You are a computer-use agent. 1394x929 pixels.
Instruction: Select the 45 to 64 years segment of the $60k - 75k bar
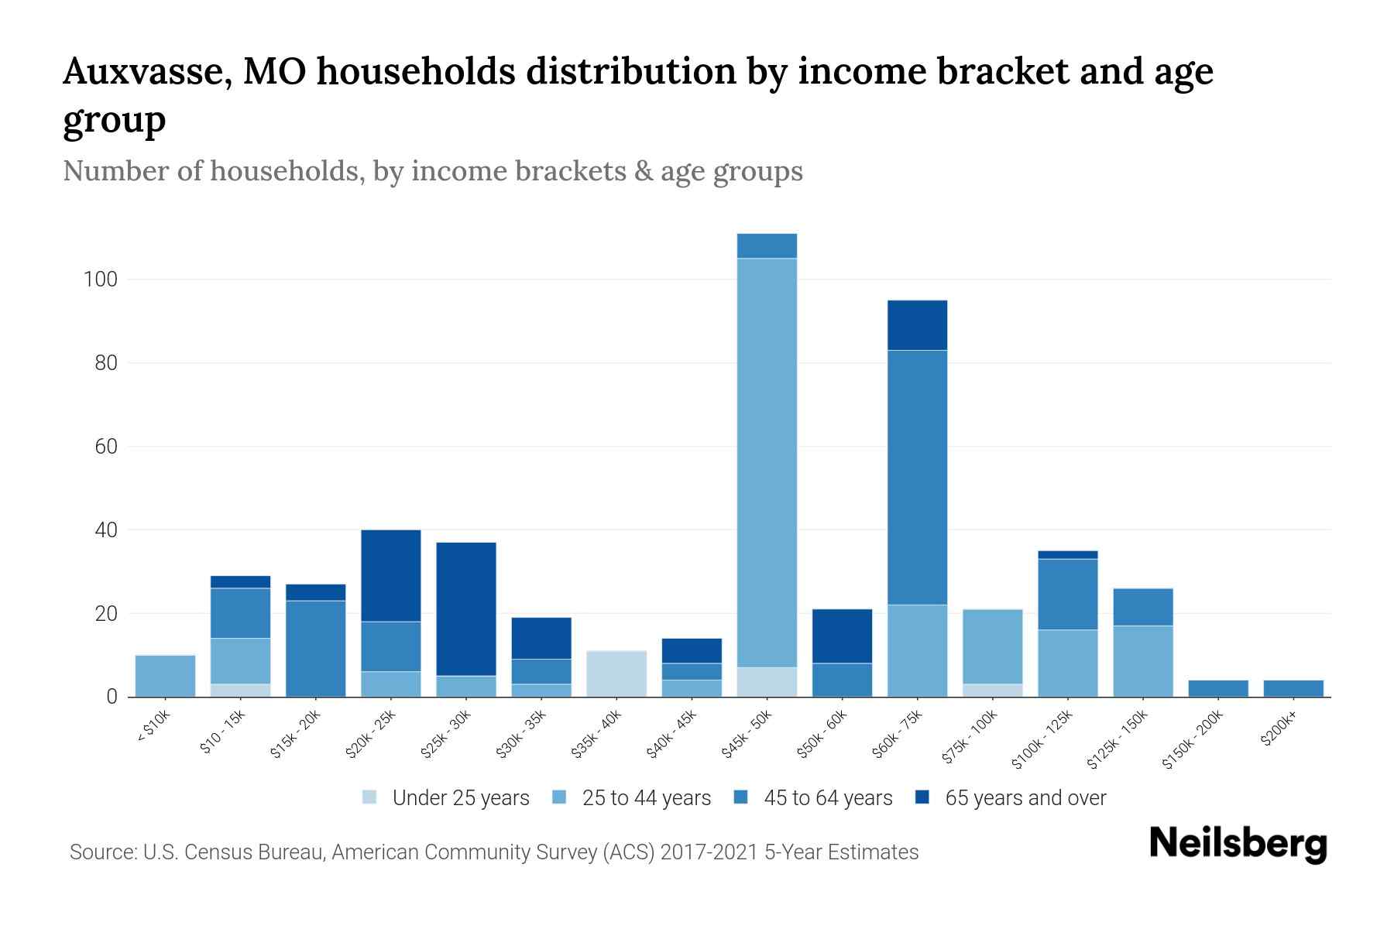pyautogui.click(x=917, y=477)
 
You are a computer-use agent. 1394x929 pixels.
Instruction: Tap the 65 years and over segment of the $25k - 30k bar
pyautogui.click(x=466, y=608)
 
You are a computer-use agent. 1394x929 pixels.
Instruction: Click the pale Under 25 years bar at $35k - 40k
pyautogui.click(x=616, y=674)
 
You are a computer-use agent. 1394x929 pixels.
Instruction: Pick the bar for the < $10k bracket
pyautogui.click(x=165, y=676)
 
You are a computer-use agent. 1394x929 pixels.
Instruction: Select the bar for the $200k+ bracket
pyautogui.click(x=1293, y=688)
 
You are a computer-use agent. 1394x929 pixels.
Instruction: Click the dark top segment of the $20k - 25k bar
pyautogui.click(x=391, y=575)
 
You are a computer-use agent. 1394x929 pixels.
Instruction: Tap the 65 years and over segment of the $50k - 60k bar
pyautogui.click(x=842, y=636)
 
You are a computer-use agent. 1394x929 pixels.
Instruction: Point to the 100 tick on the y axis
pyautogui.click(x=100, y=279)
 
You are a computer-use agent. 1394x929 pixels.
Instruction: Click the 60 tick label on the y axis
pyautogui.click(x=105, y=447)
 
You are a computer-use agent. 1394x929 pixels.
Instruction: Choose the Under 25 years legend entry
pyautogui.click(x=446, y=798)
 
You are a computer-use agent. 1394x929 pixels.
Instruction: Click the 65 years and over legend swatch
pyautogui.click(x=923, y=797)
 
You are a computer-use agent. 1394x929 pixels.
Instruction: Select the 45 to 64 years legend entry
pyautogui.click(x=813, y=798)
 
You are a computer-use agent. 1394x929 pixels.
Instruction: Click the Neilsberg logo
pyautogui.click(x=1238, y=844)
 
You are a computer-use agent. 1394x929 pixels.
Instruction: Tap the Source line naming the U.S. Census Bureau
pyautogui.click(x=493, y=852)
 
